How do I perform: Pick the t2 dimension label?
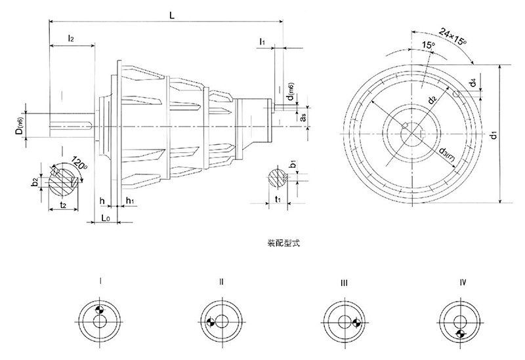63,205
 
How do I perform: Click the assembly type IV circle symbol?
459,321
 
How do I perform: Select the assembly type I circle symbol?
100,321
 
